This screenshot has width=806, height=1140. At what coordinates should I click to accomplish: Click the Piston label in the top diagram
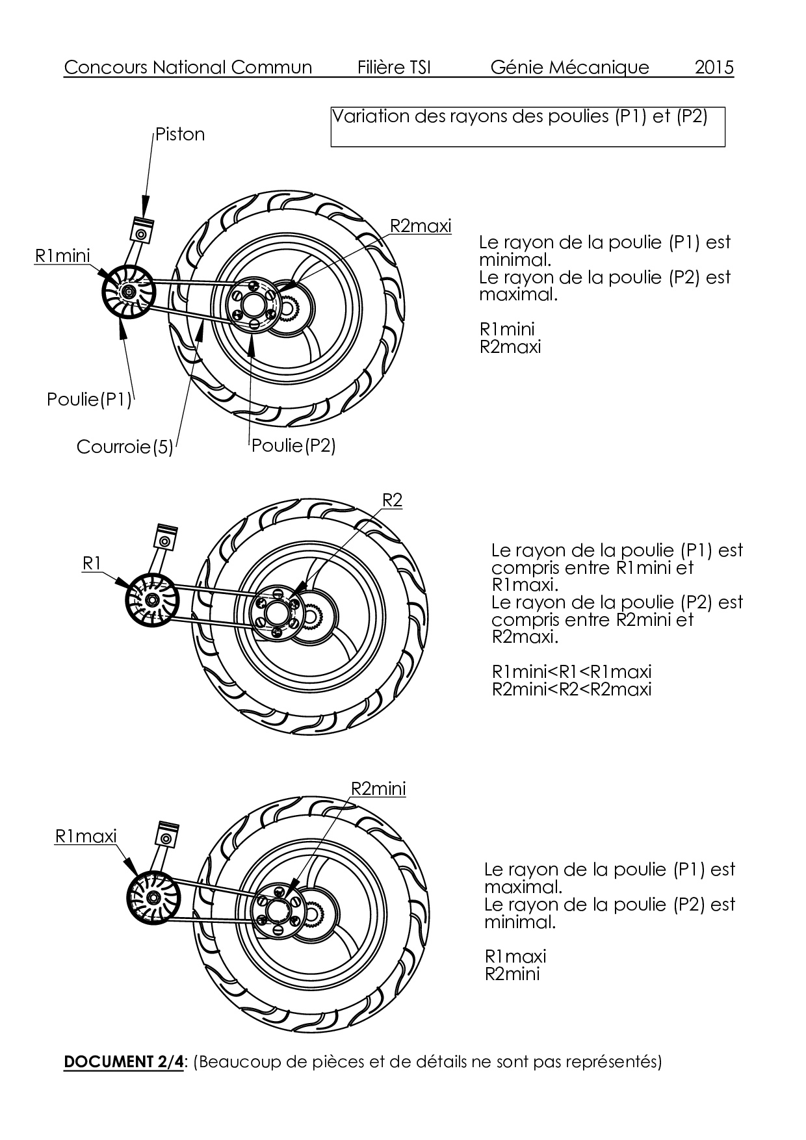click(180, 135)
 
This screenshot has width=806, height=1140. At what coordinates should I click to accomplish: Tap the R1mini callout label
click(62, 256)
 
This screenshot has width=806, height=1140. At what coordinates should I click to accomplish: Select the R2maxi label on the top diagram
click(420, 226)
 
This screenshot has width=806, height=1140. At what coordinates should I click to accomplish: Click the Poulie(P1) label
click(89, 399)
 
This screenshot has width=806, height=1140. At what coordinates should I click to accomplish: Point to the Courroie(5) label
click(125, 447)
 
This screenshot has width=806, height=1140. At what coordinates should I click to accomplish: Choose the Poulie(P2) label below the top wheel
click(293, 446)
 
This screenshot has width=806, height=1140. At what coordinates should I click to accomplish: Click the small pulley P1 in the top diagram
click(127, 292)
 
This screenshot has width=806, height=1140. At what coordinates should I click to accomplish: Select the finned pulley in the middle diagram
click(152, 599)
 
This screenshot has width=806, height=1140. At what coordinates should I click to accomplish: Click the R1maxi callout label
click(86, 836)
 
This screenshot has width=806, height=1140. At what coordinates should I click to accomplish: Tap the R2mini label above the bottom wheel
click(378, 788)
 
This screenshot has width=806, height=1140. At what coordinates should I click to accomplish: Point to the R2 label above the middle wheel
click(392, 500)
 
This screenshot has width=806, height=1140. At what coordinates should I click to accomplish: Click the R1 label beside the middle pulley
click(92, 563)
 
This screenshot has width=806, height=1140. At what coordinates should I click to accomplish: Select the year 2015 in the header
click(714, 68)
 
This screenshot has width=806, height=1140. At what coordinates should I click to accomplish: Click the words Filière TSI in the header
click(394, 68)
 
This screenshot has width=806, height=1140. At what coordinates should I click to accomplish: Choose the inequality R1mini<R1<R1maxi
click(571, 671)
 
